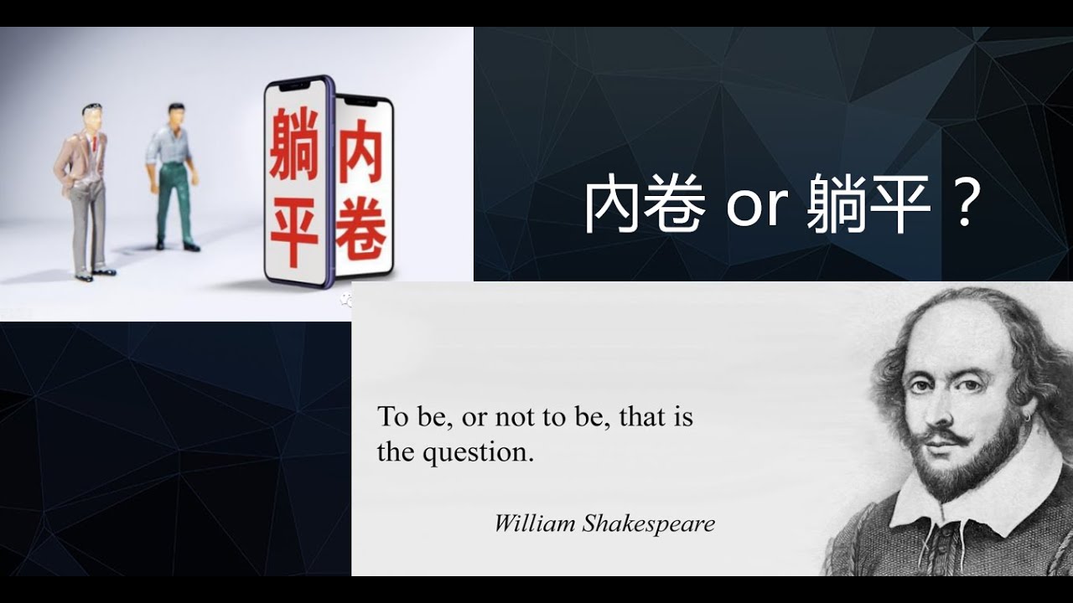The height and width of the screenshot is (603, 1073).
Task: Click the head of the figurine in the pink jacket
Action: (x=91, y=116)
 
